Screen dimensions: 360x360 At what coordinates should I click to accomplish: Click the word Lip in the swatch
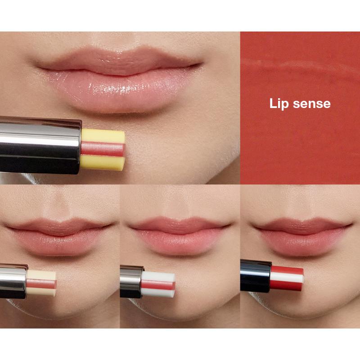coord(278,103)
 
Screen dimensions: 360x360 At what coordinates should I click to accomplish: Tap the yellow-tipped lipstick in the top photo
coord(103,148)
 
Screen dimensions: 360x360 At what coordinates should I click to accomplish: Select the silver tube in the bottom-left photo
coord(13,282)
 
